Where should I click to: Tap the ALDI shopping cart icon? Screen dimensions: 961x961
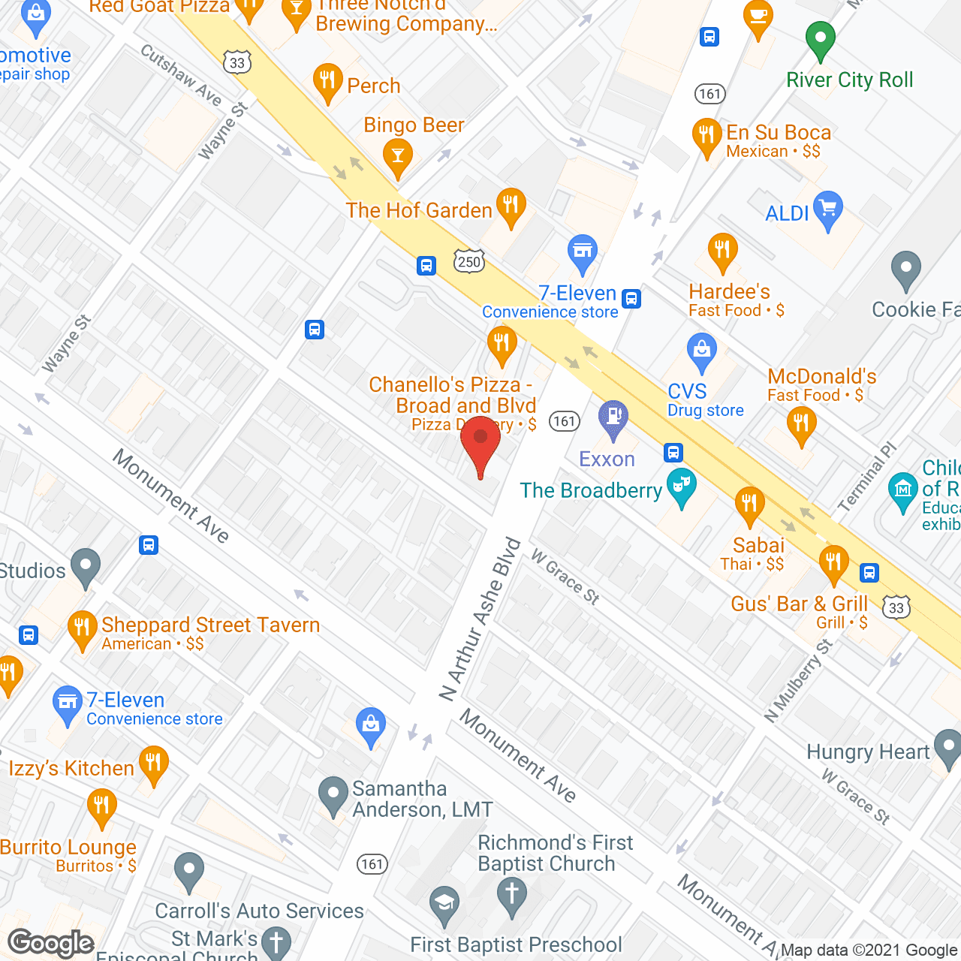(827, 208)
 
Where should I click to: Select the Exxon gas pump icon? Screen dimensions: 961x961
(613, 417)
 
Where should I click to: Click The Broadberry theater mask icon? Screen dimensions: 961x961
(682, 486)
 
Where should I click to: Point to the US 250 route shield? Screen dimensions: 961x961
(469, 261)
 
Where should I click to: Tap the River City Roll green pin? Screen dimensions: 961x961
(820, 38)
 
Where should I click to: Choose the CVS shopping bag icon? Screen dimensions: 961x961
(702, 351)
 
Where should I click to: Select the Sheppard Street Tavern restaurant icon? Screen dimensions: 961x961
(83, 628)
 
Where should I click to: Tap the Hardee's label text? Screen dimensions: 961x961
(729, 291)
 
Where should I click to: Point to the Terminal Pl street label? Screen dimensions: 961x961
(867, 477)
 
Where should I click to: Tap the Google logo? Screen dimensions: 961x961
(51, 943)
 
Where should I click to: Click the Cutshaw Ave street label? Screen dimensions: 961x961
(181, 75)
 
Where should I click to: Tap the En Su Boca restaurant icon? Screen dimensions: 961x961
(706, 136)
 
